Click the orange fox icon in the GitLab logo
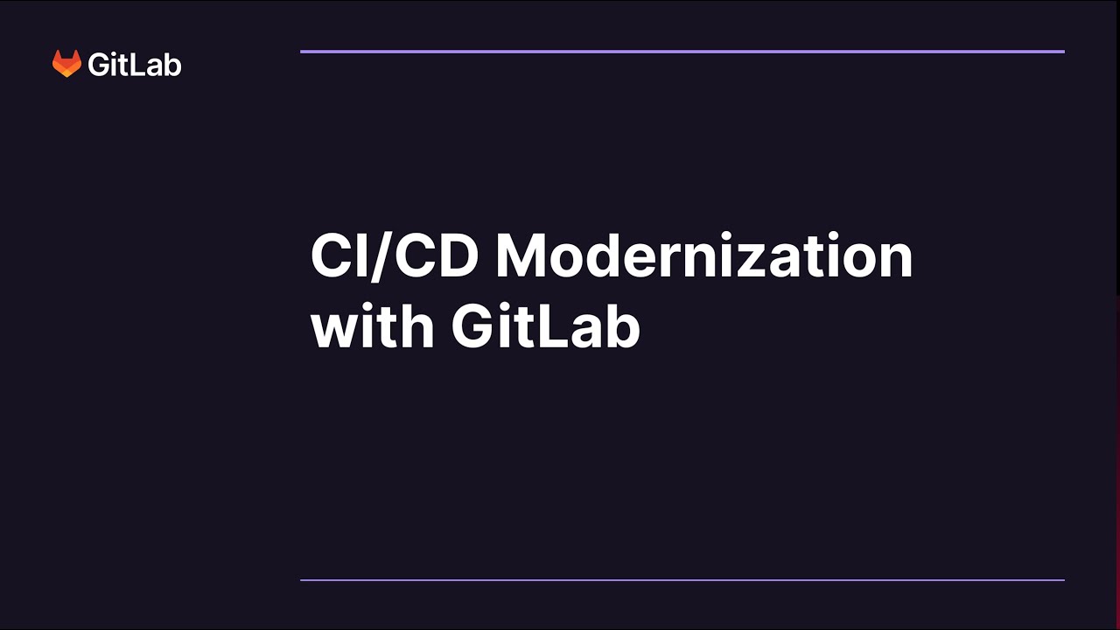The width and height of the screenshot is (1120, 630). pos(66,64)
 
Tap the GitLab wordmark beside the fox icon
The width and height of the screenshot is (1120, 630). pos(135,65)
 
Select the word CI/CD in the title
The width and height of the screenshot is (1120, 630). pos(394,257)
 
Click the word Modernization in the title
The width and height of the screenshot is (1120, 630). pos(704,257)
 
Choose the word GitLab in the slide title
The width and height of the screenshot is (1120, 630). pos(546,327)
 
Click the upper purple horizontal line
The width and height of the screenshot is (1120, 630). pos(682,52)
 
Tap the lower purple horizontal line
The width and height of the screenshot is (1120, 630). pos(682,579)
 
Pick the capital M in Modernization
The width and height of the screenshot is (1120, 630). pos(523,257)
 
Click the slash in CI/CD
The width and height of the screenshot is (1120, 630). pos(377,257)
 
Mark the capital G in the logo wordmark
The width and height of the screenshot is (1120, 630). pos(99,65)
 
